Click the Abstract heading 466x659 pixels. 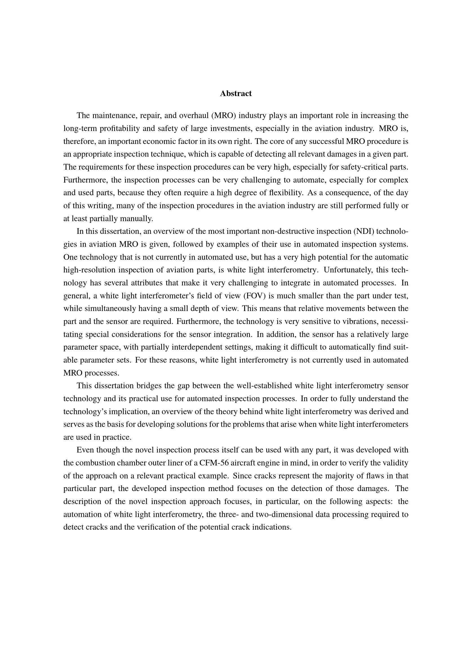(236, 94)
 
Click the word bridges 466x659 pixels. (149, 386)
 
